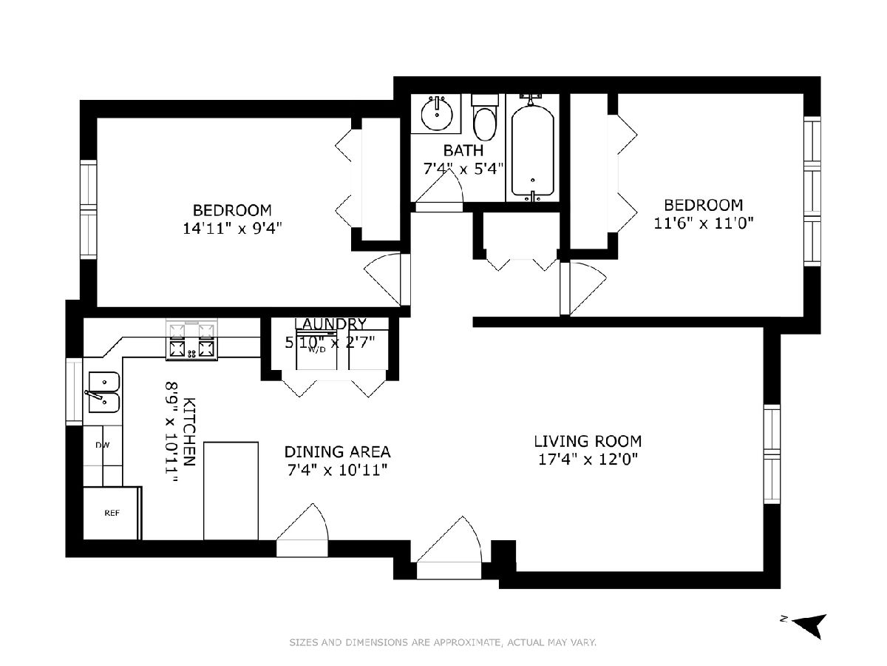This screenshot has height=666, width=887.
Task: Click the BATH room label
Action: [463, 150]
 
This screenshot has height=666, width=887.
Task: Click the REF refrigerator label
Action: [112, 513]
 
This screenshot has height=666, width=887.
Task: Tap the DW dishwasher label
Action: [102, 445]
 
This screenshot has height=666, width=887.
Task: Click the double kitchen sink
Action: [103, 392]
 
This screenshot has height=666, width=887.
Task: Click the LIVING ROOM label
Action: [588, 441]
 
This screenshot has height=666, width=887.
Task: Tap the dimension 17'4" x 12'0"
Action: [588, 460]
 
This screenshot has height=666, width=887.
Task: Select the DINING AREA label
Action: [337, 451]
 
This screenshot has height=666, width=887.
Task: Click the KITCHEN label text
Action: [189, 431]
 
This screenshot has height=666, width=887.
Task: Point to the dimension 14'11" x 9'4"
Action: [232, 229]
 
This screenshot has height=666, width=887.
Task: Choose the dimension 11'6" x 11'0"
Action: [704, 223]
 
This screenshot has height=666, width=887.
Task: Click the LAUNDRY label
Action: [330, 324]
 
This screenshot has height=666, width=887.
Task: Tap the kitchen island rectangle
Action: [231, 491]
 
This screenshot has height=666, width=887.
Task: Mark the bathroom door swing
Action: [439, 189]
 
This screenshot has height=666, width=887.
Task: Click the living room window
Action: [772, 454]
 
